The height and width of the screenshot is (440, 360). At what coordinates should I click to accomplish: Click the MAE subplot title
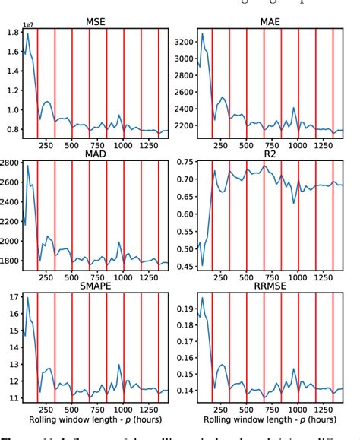(270, 22)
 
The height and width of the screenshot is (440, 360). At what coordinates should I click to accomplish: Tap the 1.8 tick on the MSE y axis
(13, 33)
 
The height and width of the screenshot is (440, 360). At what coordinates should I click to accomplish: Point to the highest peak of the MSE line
(28, 33)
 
